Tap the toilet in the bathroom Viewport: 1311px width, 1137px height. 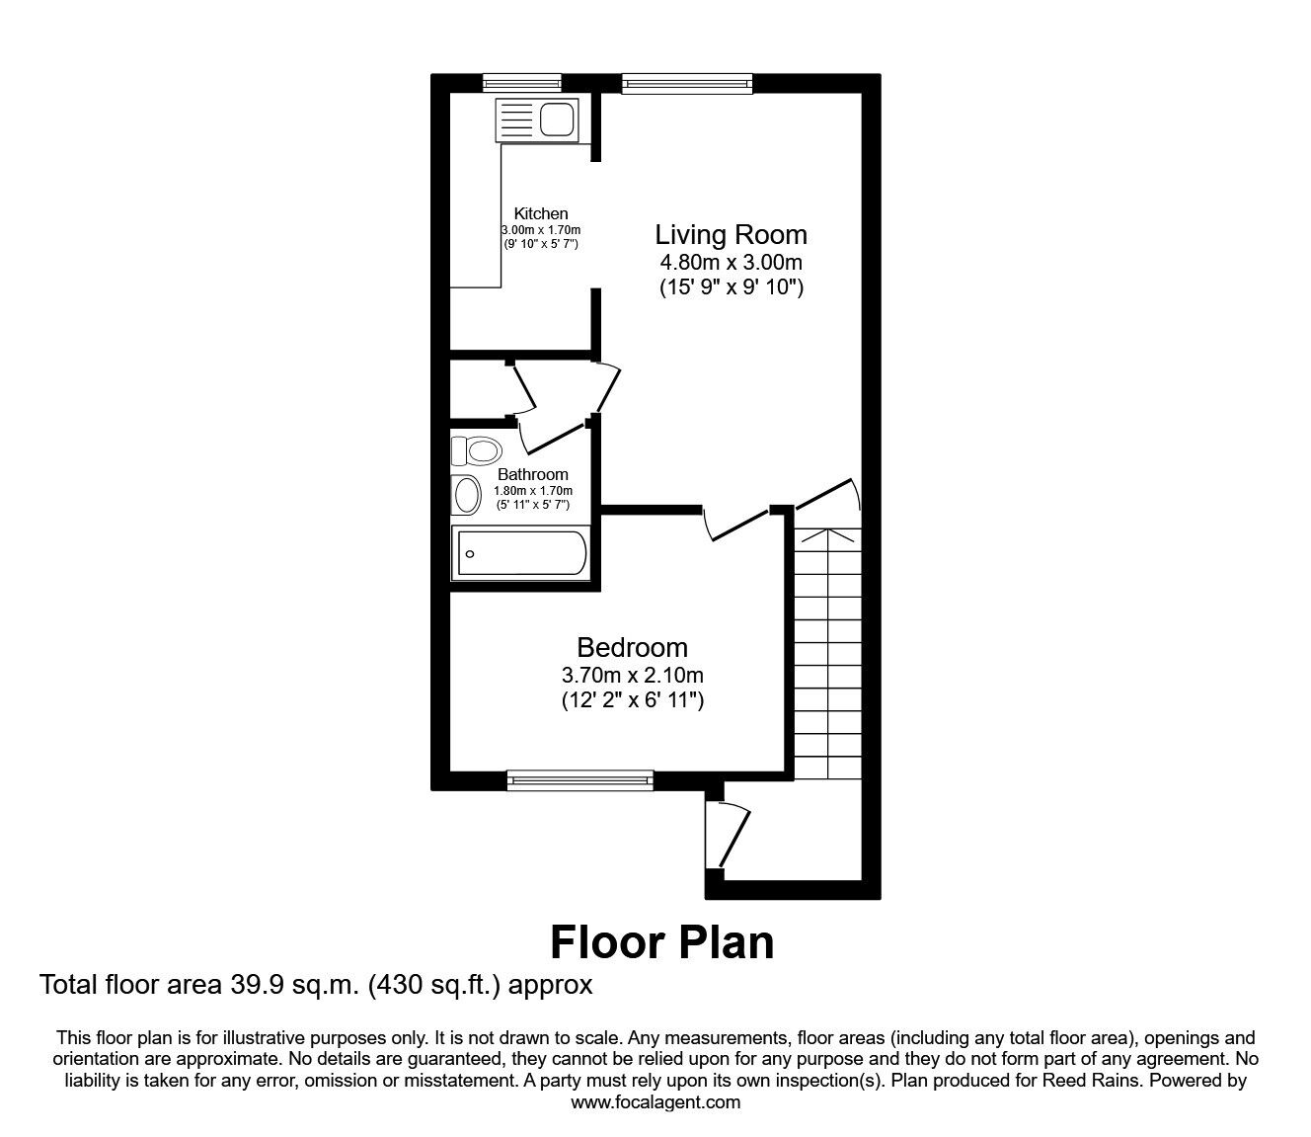pos(476,450)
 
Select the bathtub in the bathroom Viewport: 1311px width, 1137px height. pos(519,553)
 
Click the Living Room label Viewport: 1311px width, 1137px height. pos(731,235)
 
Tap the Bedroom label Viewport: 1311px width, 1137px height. pos(632,648)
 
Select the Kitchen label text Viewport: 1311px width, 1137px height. pos(541,213)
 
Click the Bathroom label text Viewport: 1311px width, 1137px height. pos(532,474)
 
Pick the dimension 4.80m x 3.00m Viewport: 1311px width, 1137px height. pos(731,263)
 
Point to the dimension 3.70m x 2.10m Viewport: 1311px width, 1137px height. pos(632,676)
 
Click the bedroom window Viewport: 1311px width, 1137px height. pos(579,780)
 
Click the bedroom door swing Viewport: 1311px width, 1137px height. pos(735,524)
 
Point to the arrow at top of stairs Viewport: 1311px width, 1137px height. pos(828,536)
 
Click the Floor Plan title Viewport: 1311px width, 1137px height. pos(661,941)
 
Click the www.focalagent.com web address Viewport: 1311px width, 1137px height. pos(655,1102)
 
